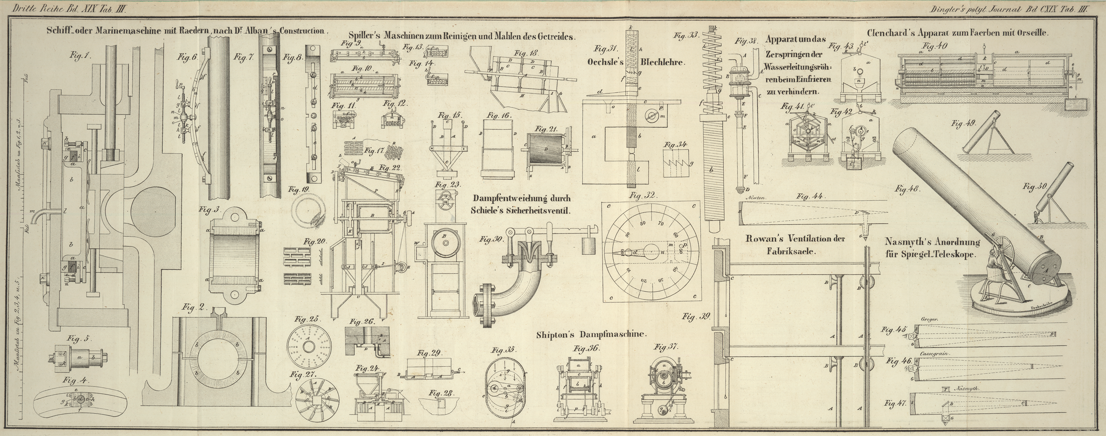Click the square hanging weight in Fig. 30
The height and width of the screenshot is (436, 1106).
click(x=589, y=247)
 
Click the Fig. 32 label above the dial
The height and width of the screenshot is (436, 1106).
click(x=643, y=196)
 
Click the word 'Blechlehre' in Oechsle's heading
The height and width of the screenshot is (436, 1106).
click(x=663, y=62)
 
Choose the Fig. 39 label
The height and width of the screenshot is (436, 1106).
click(x=696, y=317)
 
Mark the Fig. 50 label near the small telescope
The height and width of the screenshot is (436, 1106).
click(x=1034, y=187)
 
